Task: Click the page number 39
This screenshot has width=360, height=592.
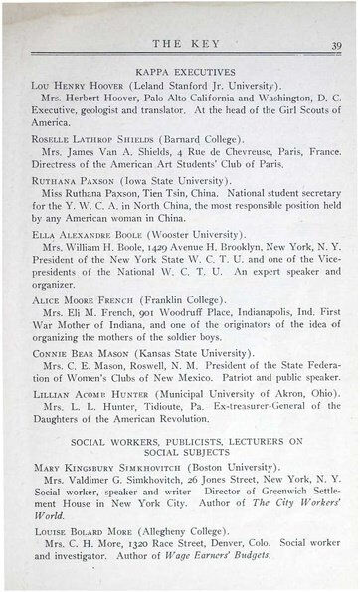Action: click(x=336, y=44)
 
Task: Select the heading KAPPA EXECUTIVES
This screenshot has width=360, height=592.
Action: click(x=181, y=74)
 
